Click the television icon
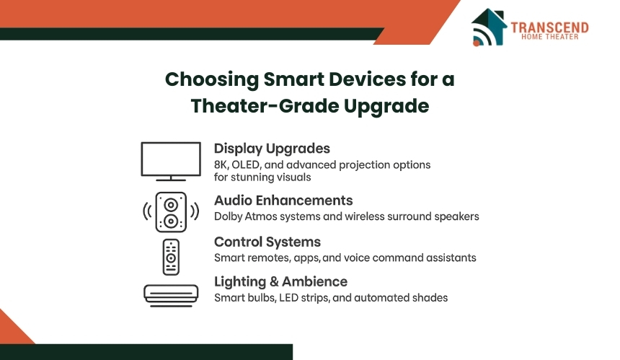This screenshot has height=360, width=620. coord(171,162)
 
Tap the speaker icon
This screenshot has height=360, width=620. coord(171,212)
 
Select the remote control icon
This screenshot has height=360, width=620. coord(171,257)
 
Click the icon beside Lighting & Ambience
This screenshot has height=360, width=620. coord(171,296)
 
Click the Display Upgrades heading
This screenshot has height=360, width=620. coord(272,149)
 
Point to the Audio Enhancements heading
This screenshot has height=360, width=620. coord(283,201)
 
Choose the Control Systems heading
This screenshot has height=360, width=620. coord(267,242)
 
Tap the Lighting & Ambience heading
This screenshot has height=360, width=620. coord(280,281)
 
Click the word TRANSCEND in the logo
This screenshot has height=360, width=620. coord(549,27)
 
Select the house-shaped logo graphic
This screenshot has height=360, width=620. coord(489,27)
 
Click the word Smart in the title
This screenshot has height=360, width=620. coord(293,79)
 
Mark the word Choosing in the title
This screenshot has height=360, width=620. coord(212,80)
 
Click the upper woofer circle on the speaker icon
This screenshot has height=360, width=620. coord(171,205)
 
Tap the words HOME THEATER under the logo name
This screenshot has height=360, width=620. coord(550,37)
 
